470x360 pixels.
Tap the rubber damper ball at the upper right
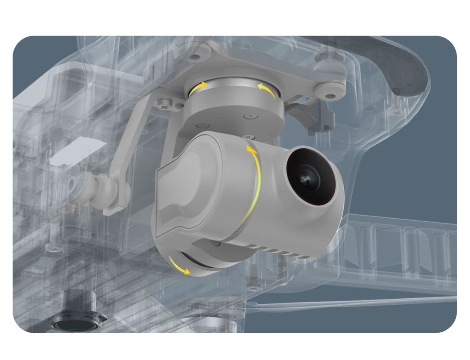coord(331,91)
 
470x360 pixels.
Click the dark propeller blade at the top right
coord(405,70)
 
